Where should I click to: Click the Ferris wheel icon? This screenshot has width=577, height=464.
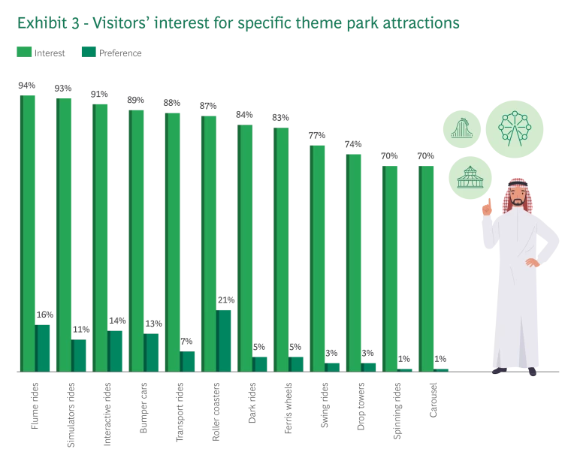coord(515,128)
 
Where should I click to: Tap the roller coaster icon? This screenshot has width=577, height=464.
coord(461,129)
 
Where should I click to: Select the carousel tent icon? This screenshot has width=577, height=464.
coord(468,178)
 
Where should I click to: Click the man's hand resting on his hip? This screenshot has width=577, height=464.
coord(533,264)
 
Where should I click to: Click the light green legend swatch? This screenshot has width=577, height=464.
coord(24,51)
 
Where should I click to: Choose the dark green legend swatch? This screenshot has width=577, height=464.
coord(88,51)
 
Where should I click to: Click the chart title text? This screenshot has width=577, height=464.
coord(240,23)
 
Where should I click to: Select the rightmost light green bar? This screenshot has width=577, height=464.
coord(426,267)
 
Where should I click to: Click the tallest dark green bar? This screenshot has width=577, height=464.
coord(225,339)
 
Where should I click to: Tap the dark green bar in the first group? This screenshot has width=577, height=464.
coord(44,348)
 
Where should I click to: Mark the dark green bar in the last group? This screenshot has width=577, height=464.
coord(443,369)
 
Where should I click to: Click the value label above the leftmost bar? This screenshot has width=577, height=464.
coord(27,84)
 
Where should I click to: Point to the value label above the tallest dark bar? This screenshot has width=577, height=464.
coord(225,300)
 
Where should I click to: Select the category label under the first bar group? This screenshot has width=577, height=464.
coord(36,405)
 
